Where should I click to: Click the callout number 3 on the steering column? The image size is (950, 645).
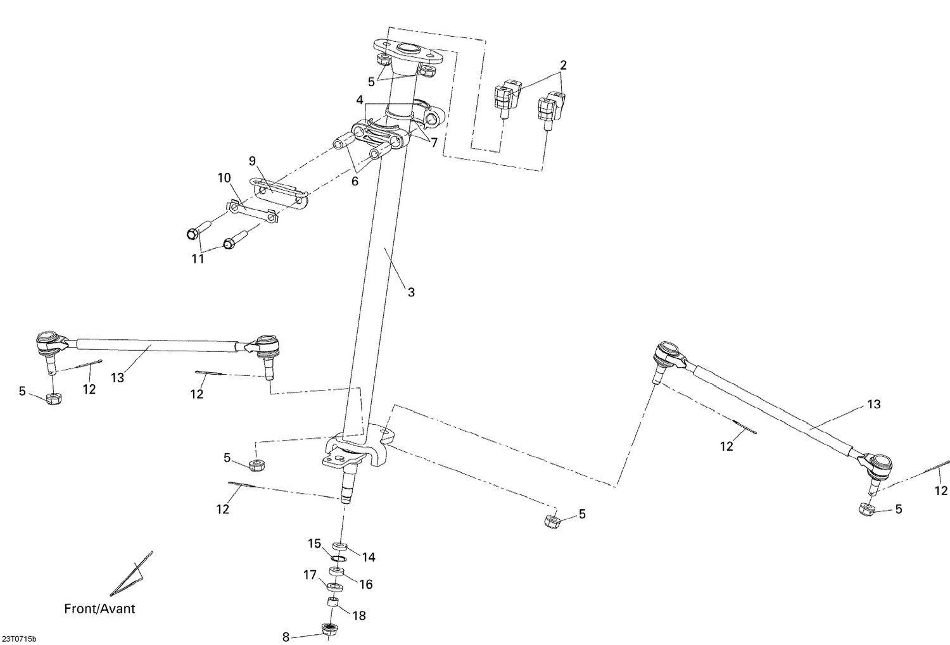click(x=411, y=292)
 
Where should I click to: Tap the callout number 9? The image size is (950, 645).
click(x=252, y=161)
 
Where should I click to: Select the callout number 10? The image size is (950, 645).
click(x=224, y=178)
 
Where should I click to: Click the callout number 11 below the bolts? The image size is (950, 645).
click(x=198, y=259)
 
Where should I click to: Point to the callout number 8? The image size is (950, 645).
click(x=286, y=636)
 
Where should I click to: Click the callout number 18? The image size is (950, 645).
click(x=358, y=615)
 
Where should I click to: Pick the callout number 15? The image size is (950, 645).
click(x=315, y=543)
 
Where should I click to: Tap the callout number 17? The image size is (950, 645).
click(x=310, y=575)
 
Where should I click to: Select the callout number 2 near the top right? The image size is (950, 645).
click(x=563, y=65)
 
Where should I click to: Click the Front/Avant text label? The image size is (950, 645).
click(x=99, y=609)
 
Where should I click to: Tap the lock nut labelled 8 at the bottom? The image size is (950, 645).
click(x=328, y=630)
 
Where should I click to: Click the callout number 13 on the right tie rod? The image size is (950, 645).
click(x=873, y=404)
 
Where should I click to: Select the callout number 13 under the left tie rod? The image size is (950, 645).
click(x=117, y=377)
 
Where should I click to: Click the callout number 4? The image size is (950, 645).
click(x=360, y=100)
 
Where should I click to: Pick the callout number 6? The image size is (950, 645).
click(x=355, y=181)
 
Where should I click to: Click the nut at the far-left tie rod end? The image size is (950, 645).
click(x=54, y=399)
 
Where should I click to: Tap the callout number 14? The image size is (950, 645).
click(x=369, y=557)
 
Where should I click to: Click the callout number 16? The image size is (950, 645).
click(x=366, y=584)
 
